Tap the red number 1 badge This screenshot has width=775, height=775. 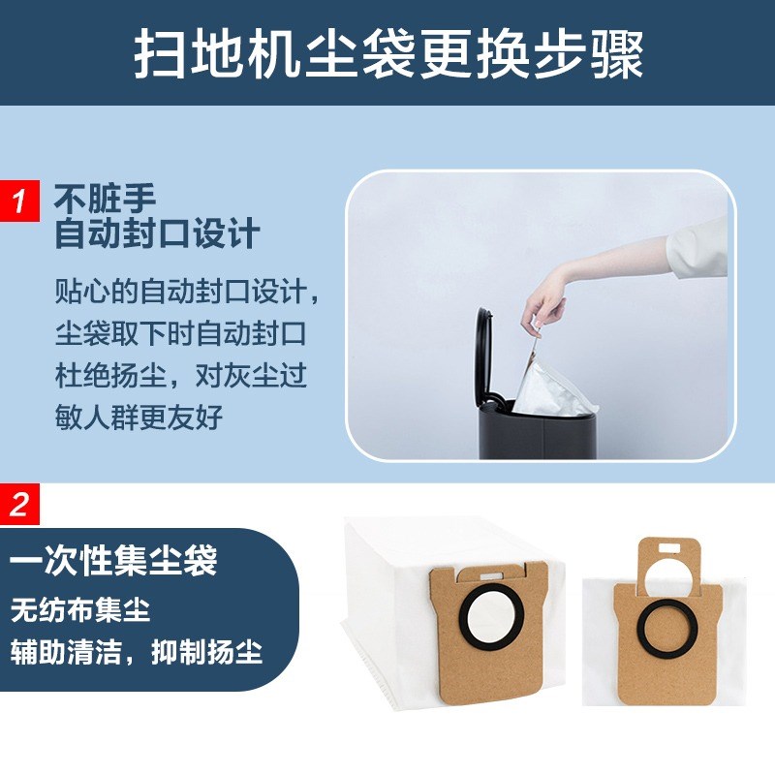tap(18, 201)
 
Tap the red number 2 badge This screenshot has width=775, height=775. tap(18, 505)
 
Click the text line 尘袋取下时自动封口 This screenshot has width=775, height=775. tap(180, 333)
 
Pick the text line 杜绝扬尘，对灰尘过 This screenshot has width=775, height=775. tap(180, 376)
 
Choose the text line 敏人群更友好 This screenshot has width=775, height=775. tap(139, 418)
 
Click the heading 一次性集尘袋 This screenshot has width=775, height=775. tap(113, 562)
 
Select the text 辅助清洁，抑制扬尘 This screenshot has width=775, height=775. tap(137, 650)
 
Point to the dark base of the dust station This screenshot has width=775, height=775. tap(542, 436)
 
